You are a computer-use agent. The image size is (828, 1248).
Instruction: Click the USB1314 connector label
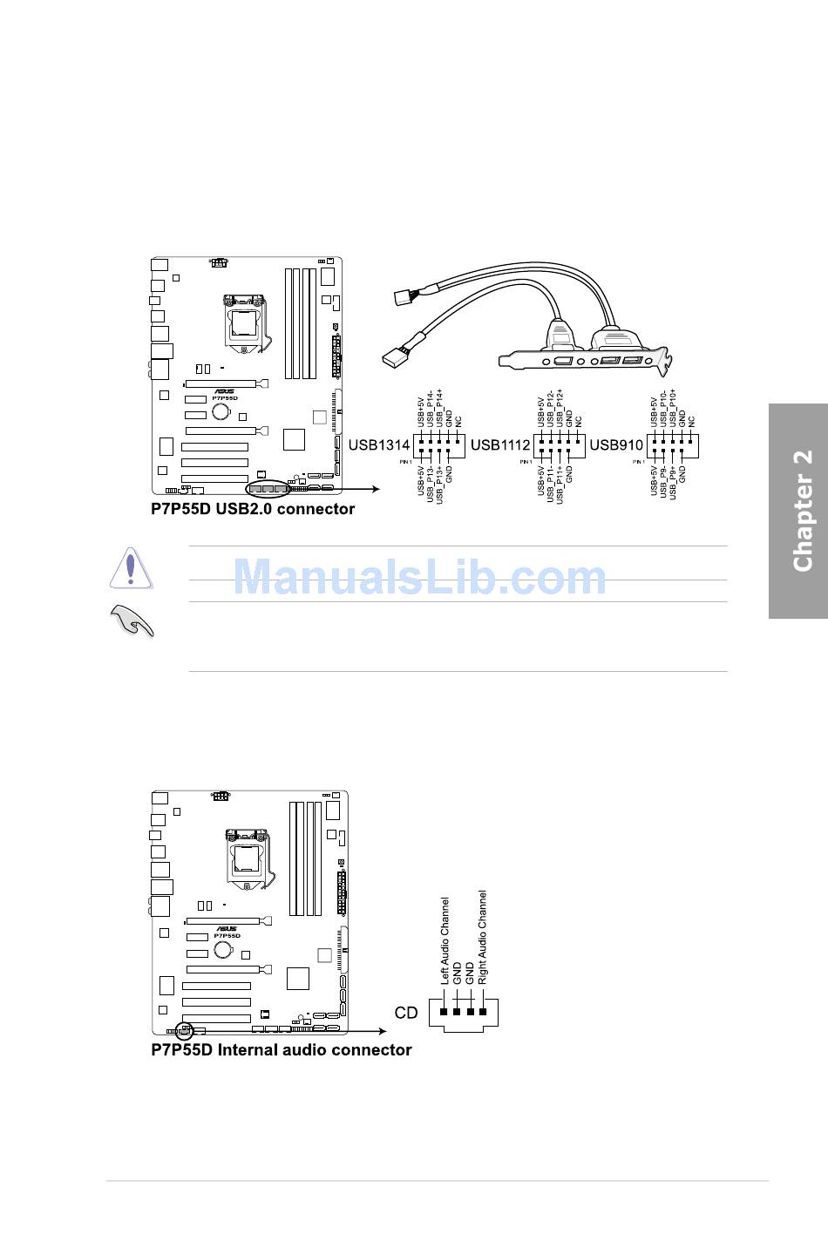pos(379,444)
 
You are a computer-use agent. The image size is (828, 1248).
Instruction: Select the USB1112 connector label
pos(500,444)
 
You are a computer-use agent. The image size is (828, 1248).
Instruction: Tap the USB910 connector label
pos(616,444)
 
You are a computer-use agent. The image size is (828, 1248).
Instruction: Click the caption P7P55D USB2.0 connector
pos(253,509)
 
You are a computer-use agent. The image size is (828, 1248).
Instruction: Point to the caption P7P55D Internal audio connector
pos(282,1050)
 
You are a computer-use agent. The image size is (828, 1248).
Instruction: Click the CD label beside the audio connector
pos(406,1013)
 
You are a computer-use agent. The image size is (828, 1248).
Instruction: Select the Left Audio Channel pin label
pos(445,941)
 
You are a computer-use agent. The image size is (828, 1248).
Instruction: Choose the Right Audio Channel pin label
pos(483,938)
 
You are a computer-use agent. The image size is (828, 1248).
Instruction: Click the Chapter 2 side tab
pos(801,511)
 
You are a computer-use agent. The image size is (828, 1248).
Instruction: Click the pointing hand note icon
pos(132,620)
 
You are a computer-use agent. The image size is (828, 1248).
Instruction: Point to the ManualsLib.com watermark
pos(419,577)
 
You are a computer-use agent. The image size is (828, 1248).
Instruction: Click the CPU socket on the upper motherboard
pos(245,320)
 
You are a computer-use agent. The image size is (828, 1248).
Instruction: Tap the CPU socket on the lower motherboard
pos(247,855)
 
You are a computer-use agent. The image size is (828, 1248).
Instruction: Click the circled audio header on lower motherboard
pos(184,1029)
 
